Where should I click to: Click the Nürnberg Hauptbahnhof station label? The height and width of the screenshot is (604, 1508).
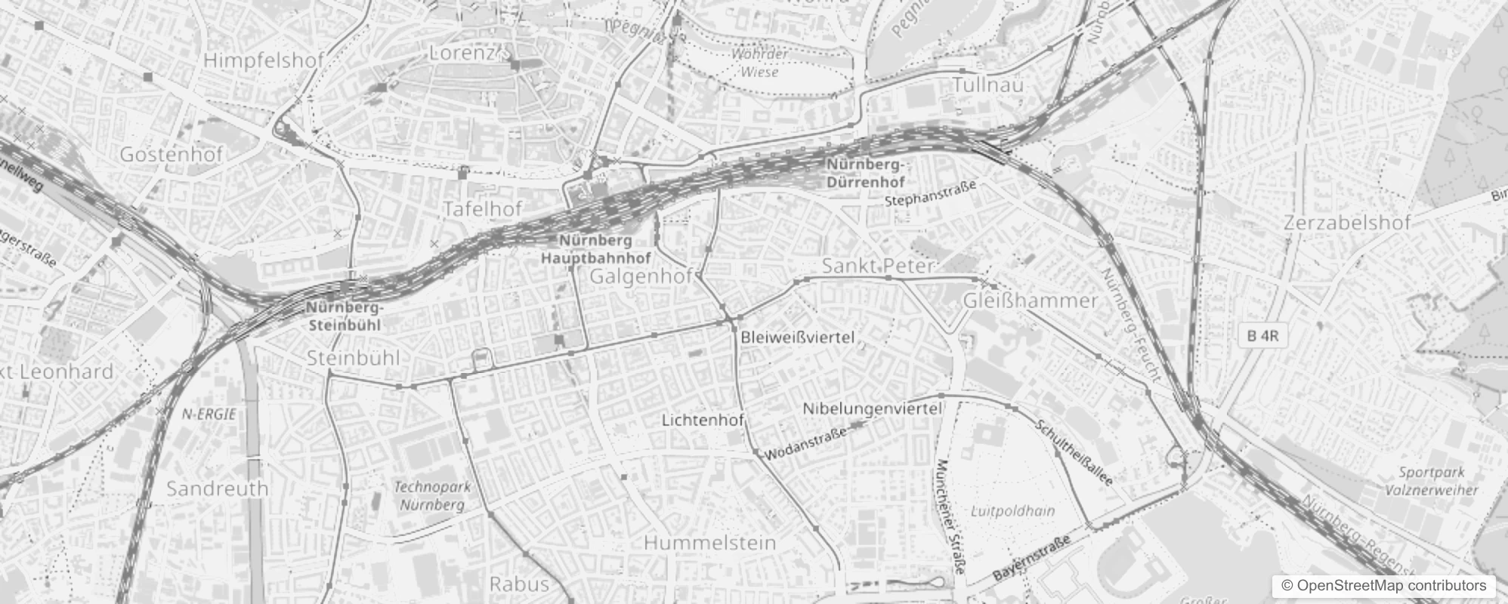[596, 250]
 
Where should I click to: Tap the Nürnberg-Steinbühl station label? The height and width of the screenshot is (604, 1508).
[345, 317]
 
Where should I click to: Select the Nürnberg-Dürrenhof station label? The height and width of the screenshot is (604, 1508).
[865, 174]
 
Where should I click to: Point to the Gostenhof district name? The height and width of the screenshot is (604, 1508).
[172, 155]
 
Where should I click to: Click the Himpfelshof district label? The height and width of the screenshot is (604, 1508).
[264, 60]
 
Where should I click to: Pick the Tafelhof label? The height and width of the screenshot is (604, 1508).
[483, 209]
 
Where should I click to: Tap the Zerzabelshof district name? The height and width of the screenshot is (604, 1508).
[1347, 223]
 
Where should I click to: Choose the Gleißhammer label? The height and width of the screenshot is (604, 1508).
[1030, 300]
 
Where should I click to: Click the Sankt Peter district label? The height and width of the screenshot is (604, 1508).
[878, 266]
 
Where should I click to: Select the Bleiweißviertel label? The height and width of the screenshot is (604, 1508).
[798, 337]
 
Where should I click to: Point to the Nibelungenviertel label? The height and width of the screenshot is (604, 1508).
[873, 408]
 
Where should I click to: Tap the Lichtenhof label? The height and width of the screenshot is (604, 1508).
[703, 420]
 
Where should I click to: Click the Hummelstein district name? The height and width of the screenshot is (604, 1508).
[710, 542]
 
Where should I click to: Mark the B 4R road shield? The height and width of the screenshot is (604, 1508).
[1262, 336]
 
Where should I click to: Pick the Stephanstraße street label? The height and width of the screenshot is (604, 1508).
[931, 193]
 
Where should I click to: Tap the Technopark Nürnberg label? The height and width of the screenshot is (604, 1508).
[432, 495]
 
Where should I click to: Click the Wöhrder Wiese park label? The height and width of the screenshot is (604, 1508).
[759, 63]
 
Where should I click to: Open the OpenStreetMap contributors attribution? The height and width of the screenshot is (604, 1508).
[1382, 586]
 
